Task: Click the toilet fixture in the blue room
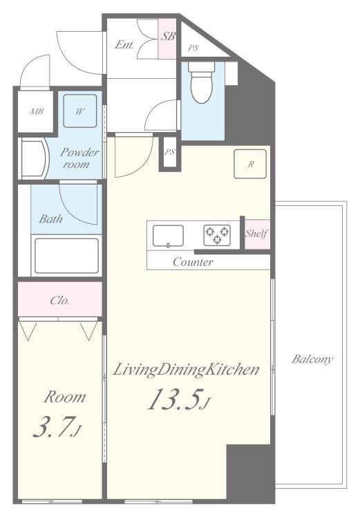click(x=201, y=86)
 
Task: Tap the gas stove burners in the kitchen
click(x=216, y=235)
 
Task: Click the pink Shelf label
click(x=256, y=234)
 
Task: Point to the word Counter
click(x=193, y=263)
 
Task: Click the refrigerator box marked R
click(x=251, y=164)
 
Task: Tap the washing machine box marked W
click(x=80, y=110)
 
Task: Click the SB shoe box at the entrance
click(x=167, y=37)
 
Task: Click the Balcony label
click(x=312, y=359)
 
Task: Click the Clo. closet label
click(x=59, y=301)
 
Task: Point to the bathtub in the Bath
click(x=66, y=256)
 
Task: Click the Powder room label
click(x=79, y=158)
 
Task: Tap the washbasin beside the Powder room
click(x=32, y=158)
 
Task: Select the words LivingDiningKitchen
click(x=186, y=371)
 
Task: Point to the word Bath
click(x=50, y=220)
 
